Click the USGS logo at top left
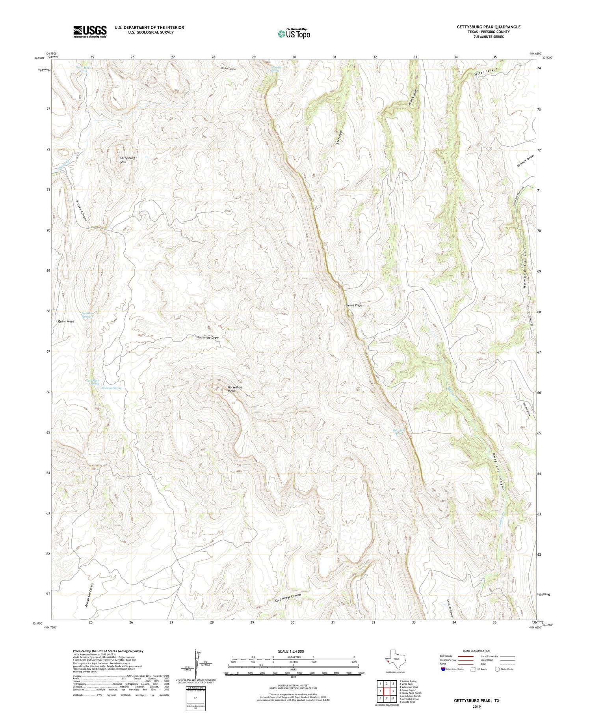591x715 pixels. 90,32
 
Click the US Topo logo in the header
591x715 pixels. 294,34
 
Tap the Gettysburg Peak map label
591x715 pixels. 127,160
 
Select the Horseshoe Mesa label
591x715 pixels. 234,389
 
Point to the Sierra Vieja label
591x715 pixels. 353,305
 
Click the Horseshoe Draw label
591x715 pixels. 207,338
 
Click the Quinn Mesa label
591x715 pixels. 66,321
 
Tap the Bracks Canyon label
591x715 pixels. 81,210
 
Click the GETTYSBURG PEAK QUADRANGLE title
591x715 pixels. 488,27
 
